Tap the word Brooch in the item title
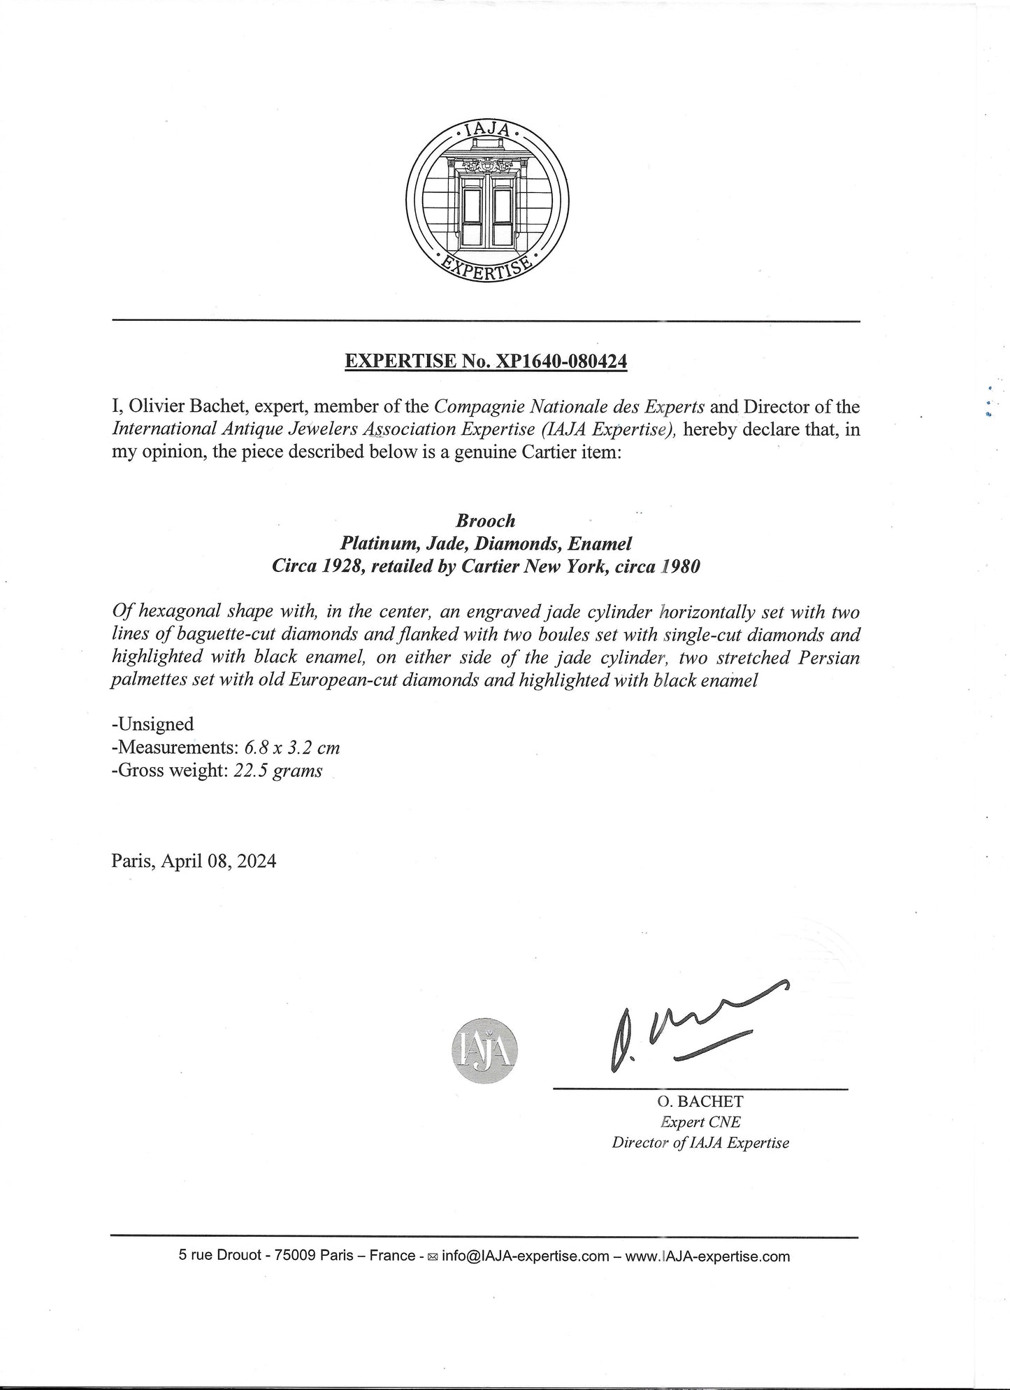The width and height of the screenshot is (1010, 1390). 486,520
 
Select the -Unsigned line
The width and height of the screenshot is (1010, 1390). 152,724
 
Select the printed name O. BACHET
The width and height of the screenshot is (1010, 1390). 700,1101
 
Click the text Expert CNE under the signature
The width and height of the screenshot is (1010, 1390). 700,1122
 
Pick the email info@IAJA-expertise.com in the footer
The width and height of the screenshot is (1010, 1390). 526,1256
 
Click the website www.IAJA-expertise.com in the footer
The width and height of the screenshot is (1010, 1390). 707,1256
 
